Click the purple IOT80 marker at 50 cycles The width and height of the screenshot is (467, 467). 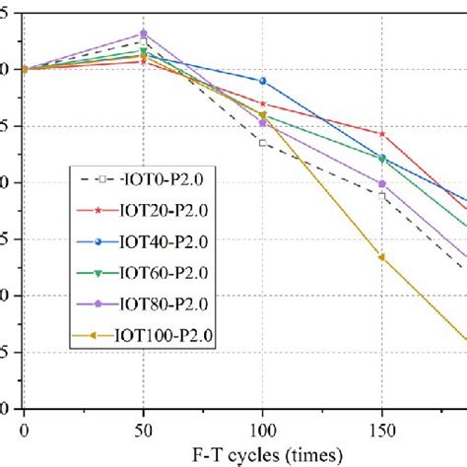(x=144, y=33)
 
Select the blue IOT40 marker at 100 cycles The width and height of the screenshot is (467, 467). (x=263, y=81)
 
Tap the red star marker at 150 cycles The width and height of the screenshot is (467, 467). (x=382, y=134)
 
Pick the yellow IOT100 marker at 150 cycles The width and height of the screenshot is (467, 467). (x=382, y=257)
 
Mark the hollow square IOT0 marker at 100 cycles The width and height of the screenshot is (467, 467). (x=263, y=143)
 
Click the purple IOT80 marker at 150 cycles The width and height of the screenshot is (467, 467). (x=382, y=183)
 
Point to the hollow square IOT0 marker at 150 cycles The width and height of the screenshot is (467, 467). (x=382, y=195)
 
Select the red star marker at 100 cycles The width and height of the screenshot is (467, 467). (x=263, y=103)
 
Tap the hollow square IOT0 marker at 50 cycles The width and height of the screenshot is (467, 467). (x=144, y=42)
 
